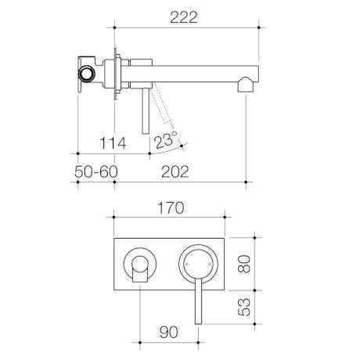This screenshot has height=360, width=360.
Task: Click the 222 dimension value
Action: point(184,17)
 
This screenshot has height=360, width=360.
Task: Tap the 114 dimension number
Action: point(113,143)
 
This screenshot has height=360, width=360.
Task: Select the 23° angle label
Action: point(165,140)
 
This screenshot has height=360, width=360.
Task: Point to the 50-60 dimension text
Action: point(96,171)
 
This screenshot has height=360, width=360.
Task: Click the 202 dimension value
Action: point(175,171)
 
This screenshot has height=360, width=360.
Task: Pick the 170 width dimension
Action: point(171,208)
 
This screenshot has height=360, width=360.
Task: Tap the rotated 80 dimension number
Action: point(244,264)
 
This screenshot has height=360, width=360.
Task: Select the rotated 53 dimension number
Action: point(244,307)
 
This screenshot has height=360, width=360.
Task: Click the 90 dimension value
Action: point(169,332)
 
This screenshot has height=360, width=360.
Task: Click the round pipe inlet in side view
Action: point(87,74)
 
